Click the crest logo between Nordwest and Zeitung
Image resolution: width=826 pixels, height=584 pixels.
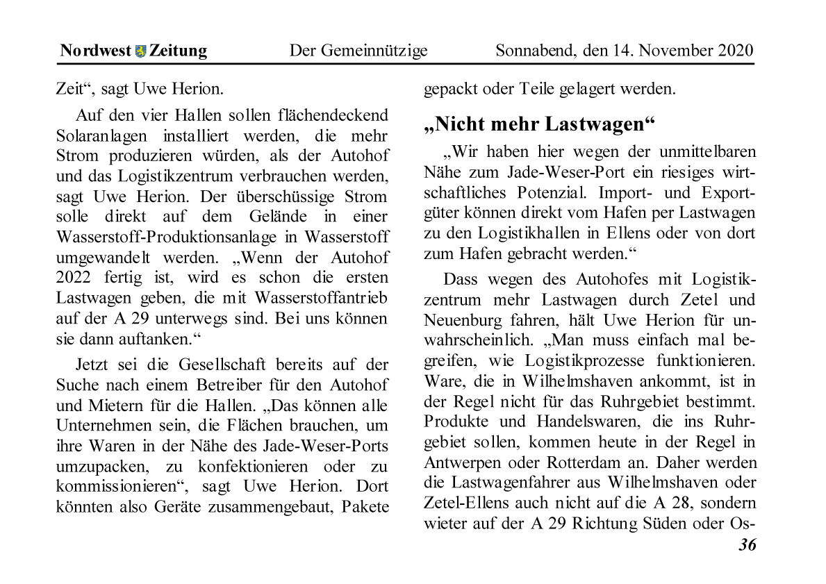pos(141,51)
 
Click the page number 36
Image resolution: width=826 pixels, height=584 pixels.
pos(747,545)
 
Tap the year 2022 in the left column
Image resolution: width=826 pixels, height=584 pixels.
pos(75,278)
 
